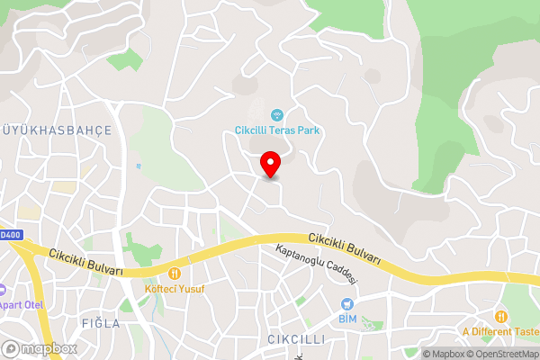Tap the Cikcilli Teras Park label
coord(277,130)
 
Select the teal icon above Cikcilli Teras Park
coord(277,114)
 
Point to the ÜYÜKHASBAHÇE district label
coord(56,130)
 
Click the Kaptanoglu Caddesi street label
coord(317,265)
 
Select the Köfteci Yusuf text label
coord(175,289)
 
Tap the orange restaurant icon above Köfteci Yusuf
coord(175,273)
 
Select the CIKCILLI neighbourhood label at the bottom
coord(296,339)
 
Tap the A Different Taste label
coord(499,332)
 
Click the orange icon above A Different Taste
coord(499,316)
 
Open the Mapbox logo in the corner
coord(40,348)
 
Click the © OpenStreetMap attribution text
coord(500,354)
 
